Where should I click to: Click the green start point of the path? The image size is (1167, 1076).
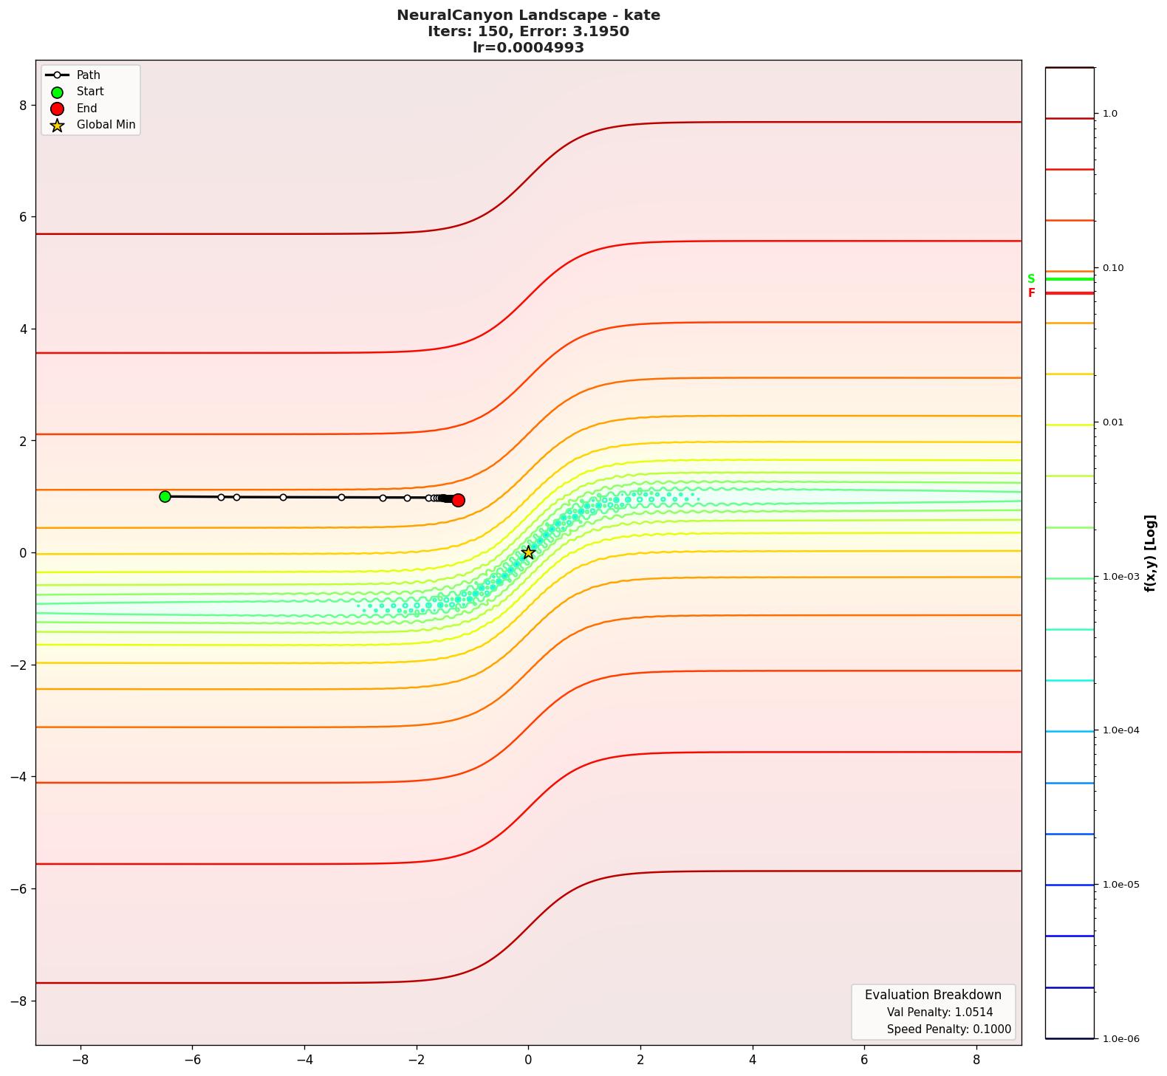click(x=165, y=496)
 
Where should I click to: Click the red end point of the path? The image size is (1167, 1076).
click(x=458, y=500)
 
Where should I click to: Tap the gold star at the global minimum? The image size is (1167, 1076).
click(x=528, y=552)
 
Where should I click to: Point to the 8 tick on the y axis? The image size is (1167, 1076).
click(x=23, y=106)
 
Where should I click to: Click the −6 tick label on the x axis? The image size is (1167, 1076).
click(x=192, y=1060)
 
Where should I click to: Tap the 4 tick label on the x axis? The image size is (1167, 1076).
click(x=753, y=1060)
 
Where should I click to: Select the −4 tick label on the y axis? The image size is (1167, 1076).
click(x=18, y=777)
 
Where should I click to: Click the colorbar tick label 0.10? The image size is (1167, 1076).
click(x=1113, y=268)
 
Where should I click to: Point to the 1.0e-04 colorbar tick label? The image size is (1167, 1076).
click(x=1120, y=730)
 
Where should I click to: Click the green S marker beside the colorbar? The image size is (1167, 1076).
click(x=1031, y=279)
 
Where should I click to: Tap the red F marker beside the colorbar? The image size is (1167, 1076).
click(x=1031, y=293)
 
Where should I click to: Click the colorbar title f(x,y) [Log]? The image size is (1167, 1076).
click(x=1150, y=553)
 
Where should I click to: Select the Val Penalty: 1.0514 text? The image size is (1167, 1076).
click(x=940, y=1012)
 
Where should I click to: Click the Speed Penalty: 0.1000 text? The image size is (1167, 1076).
click(x=948, y=1029)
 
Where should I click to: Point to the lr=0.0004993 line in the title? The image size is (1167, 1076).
click(x=528, y=48)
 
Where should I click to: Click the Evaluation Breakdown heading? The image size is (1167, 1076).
click(x=933, y=995)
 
